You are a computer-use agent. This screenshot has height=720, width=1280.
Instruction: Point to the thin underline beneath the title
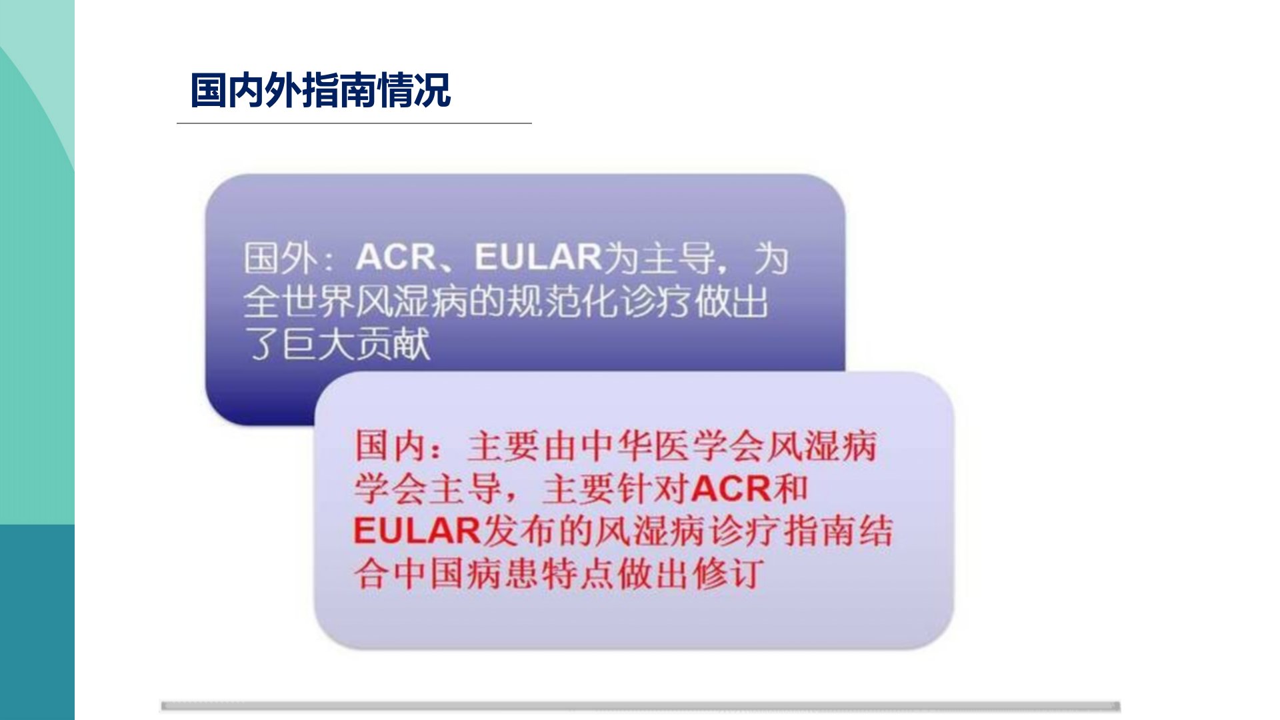(x=354, y=123)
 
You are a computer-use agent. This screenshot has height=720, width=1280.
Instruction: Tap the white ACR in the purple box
(x=396, y=257)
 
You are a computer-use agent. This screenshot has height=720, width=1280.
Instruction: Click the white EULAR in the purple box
(x=539, y=257)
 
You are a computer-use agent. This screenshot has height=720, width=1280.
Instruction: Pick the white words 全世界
(x=297, y=301)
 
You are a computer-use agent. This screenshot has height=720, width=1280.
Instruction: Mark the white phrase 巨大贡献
(x=355, y=344)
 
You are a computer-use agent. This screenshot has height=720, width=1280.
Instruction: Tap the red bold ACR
(x=731, y=489)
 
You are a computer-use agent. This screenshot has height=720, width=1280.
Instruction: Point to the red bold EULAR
(x=417, y=531)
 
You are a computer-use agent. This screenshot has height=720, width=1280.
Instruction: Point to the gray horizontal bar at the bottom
(x=641, y=706)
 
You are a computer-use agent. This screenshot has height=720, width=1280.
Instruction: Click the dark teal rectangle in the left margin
(x=37, y=622)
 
